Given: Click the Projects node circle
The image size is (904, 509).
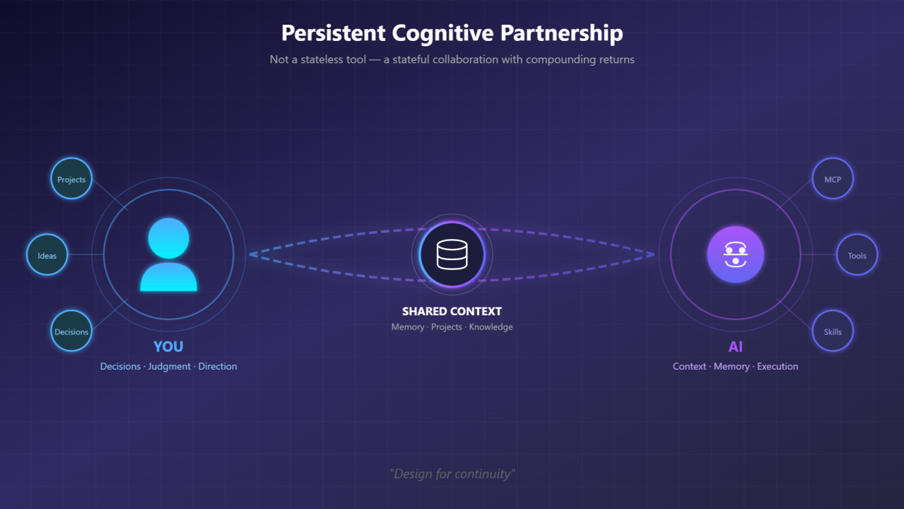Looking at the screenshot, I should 71,179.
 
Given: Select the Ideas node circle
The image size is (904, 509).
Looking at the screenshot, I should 47,255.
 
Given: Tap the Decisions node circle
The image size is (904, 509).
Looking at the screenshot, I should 71,332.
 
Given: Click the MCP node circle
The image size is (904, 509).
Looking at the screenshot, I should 833,179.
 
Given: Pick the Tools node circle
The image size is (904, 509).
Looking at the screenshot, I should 857,255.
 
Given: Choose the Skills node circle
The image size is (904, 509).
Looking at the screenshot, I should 833,332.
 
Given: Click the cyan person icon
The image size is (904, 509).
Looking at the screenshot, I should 168,255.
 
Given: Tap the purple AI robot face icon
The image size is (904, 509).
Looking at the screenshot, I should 735,255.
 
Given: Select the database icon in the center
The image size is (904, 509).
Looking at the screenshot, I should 452,255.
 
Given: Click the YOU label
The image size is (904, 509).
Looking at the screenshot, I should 168,346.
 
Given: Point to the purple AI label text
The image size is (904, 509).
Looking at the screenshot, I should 735,347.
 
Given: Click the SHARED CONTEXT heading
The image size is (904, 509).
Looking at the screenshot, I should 452,311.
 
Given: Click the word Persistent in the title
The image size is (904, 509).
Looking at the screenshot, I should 332,33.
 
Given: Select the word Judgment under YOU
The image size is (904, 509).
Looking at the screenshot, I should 169,366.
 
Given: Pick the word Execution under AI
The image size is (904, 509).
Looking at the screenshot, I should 777,366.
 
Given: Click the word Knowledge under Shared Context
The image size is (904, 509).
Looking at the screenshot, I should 491,327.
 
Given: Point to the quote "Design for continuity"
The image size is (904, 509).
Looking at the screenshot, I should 452,474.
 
